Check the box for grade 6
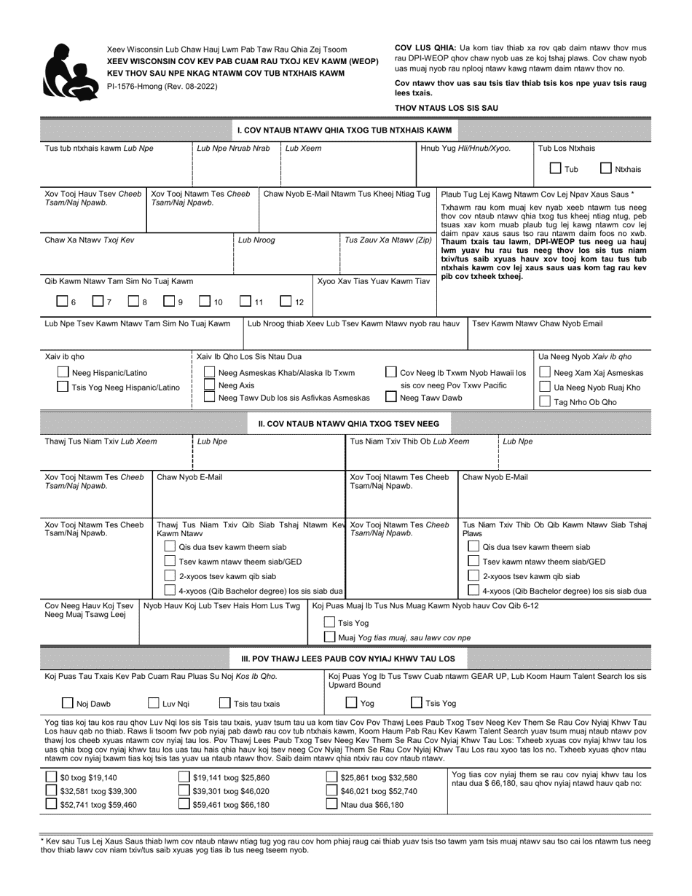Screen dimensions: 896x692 click(x=62, y=302)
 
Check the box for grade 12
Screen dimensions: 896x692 click(x=286, y=302)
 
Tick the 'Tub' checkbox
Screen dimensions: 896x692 click(x=555, y=169)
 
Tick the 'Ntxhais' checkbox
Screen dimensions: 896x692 click(x=605, y=169)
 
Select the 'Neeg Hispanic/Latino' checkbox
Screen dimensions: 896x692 click(x=63, y=373)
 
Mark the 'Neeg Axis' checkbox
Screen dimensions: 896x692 click(x=210, y=385)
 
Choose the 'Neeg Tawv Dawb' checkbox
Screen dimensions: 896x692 click(x=391, y=397)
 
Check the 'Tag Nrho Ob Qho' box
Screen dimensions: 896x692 click(x=545, y=401)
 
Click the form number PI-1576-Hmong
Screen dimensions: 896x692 click(x=161, y=86)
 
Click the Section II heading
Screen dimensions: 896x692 click(x=348, y=423)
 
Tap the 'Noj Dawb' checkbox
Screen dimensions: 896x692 click(x=67, y=703)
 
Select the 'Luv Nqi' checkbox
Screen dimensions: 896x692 click(x=154, y=703)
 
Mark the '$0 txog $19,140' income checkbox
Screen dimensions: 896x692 click(x=51, y=777)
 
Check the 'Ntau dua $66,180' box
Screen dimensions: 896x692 click(x=332, y=804)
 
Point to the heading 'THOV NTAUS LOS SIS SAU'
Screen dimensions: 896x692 click(x=447, y=108)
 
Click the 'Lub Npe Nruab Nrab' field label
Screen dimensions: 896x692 click(x=234, y=148)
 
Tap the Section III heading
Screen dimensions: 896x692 click(x=348, y=659)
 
